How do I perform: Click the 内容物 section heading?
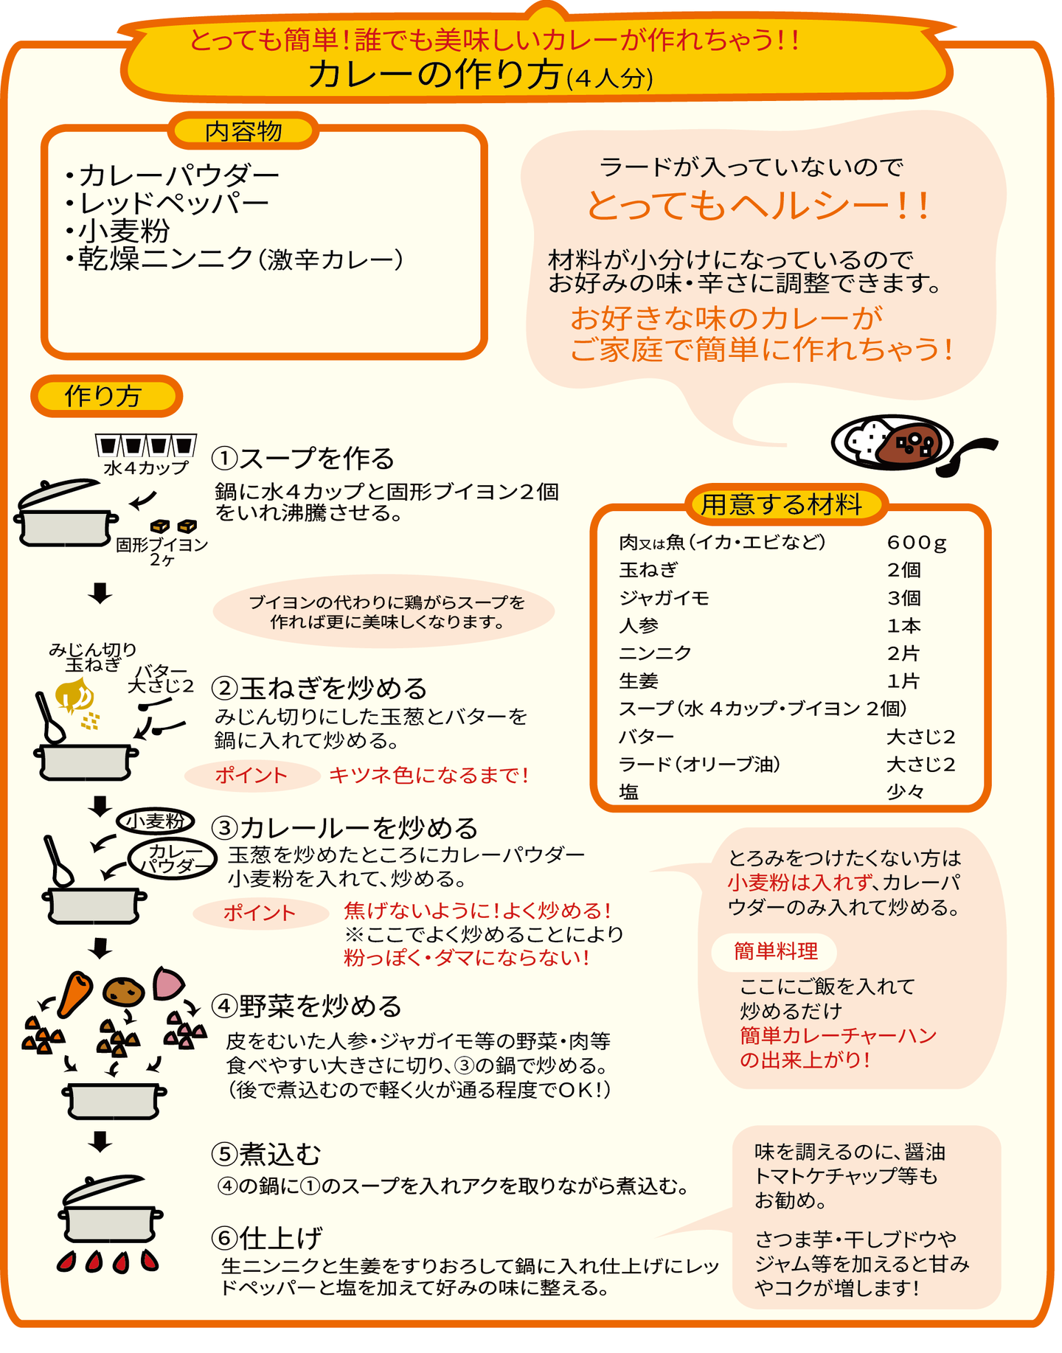tap(243, 131)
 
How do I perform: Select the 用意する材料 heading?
tap(782, 504)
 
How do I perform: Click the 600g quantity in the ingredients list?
tap(916, 543)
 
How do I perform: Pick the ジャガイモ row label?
tap(664, 598)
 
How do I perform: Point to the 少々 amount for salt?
tap(905, 792)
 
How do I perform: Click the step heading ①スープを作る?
tap(303, 458)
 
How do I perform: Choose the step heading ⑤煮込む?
tap(266, 1154)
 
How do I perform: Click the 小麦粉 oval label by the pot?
tap(156, 821)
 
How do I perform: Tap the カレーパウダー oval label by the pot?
tap(173, 860)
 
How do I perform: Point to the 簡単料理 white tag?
tap(775, 952)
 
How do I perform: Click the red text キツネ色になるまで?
tap(428, 775)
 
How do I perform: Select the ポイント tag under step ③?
tap(260, 913)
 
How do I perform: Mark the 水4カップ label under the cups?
tap(146, 467)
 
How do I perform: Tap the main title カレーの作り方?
tap(435, 74)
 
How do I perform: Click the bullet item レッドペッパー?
tap(167, 203)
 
